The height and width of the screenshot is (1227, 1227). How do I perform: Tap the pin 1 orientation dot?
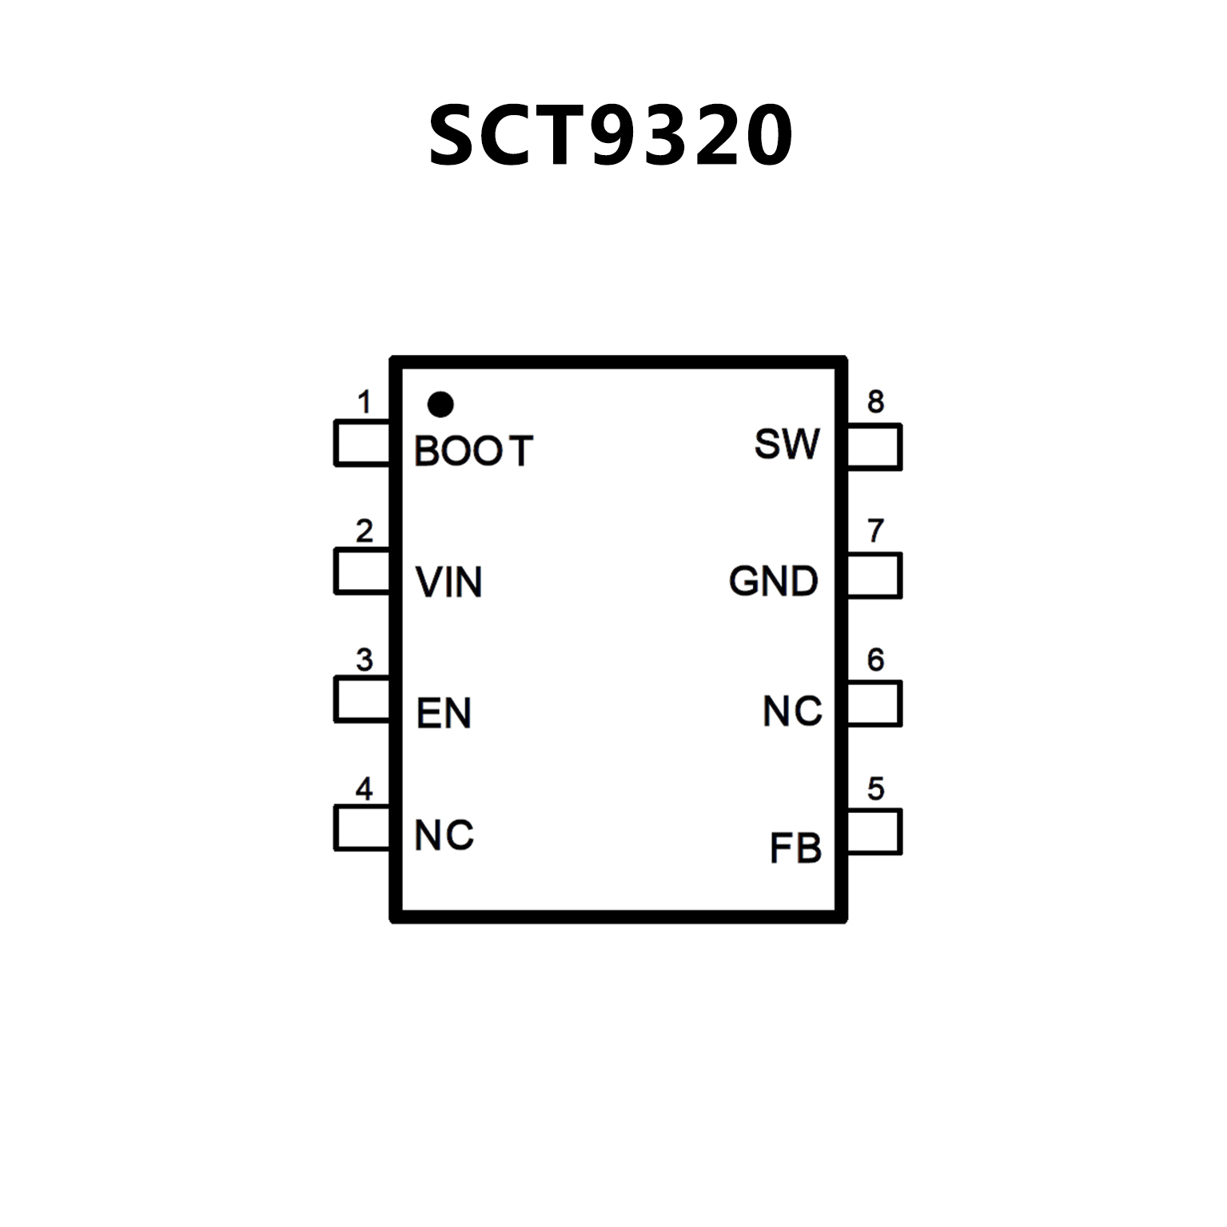[x=440, y=404]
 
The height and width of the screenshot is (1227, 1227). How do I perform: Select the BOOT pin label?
[x=473, y=452]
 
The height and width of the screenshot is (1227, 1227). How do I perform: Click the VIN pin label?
[x=449, y=582]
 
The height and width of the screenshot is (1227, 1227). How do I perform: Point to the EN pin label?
[x=444, y=713]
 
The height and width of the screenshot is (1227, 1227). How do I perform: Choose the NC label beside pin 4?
[x=444, y=836]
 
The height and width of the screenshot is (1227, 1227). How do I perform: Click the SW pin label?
[x=787, y=444]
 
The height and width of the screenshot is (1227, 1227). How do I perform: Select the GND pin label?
[x=774, y=581]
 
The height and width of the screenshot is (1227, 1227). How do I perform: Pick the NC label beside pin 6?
[x=792, y=711]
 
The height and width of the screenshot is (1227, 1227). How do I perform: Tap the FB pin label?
[x=795, y=848]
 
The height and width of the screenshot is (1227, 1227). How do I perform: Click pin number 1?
[x=365, y=402]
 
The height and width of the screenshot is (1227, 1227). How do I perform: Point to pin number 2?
[x=365, y=531]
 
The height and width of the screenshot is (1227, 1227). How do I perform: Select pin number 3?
[x=365, y=660]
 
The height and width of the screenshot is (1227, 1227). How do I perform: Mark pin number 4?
[x=365, y=789]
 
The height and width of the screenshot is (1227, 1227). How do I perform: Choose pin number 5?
[x=876, y=789]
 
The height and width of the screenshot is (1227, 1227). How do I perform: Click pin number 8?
[x=876, y=401]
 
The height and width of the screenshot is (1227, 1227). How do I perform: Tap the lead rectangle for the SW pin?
[x=874, y=446]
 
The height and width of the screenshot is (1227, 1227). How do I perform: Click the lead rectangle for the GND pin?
[x=874, y=576]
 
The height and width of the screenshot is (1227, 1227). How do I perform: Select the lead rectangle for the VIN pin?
[x=362, y=571]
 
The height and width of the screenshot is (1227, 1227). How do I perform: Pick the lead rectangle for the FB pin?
[x=874, y=832]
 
